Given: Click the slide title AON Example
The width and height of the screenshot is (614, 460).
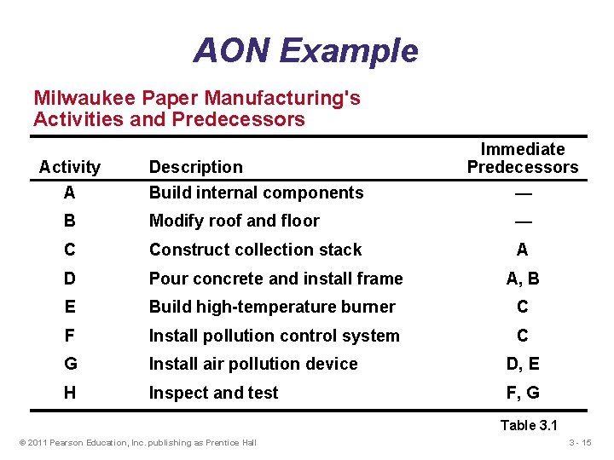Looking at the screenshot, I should coord(305,51).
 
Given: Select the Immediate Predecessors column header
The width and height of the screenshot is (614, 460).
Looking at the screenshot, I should coord(522,158).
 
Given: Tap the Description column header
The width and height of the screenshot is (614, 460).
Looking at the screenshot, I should coord(195,167).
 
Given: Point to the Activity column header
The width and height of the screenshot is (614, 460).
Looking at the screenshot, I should coord(70,167).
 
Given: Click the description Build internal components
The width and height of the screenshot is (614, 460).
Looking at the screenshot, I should coord(256,193).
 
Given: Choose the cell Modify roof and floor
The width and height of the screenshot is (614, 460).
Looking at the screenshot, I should coord(234,221).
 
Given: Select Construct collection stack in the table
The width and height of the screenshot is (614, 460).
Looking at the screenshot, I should coord(255,250).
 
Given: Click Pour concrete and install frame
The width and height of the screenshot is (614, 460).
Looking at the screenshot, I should coord(275,278).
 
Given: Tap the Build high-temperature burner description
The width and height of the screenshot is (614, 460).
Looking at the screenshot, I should coord(272,307).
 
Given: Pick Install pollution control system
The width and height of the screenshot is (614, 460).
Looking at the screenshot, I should coord(274,336).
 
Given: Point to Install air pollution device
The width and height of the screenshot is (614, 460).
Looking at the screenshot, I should coord(253,364).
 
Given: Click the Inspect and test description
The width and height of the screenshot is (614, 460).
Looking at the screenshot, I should coord(213,393).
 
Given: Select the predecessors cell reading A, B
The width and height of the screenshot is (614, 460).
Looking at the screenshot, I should coord(522,278).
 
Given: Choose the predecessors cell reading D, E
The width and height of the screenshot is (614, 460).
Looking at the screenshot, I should coord(522,364).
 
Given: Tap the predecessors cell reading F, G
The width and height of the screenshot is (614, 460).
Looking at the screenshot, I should coord(522,393).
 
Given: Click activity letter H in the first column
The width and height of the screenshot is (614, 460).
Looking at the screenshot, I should coord(70,393).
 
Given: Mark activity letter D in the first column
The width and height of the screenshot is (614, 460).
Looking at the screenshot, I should coord(70,278).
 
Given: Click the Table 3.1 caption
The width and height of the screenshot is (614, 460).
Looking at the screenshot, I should coord(529,425).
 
